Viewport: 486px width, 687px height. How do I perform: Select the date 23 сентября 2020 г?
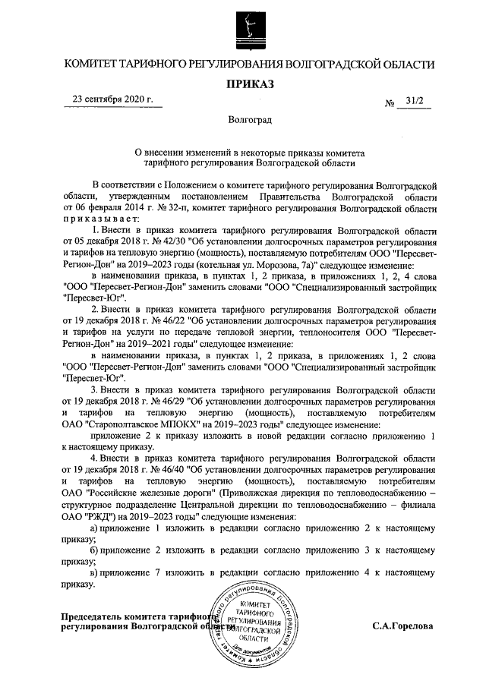[x=112, y=99]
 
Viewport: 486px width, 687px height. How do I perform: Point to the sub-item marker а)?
[x=94, y=527]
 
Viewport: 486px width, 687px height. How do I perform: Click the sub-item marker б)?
[x=94, y=550]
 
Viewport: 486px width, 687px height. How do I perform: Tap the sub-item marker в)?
[x=94, y=572]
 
